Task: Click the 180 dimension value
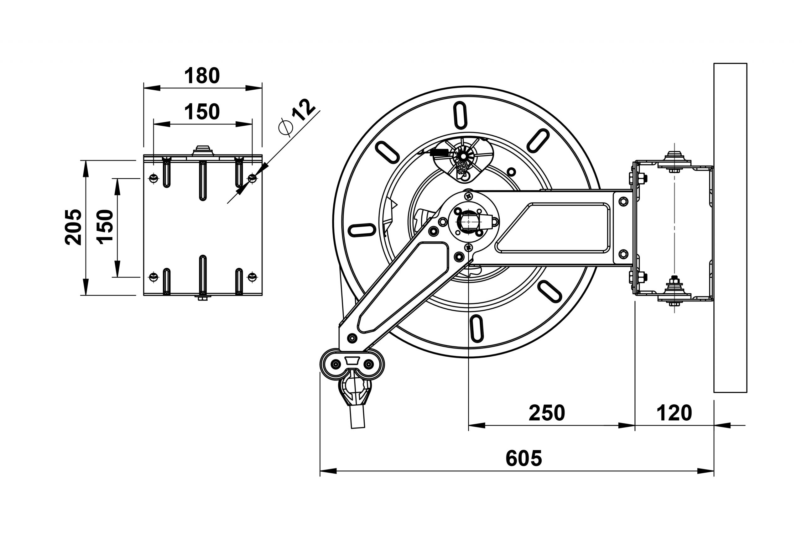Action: click(202, 76)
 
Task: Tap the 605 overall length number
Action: click(523, 458)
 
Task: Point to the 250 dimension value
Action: click(547, 413)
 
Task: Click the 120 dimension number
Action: click(674, 413)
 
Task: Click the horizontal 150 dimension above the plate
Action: click(202, 112)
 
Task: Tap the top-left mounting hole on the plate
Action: click(154, 178)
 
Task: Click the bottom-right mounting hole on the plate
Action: click(252, 277)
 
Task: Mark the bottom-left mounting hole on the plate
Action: click(154, 277)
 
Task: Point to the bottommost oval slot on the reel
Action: click(477, 328)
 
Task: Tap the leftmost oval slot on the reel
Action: click(362, 230)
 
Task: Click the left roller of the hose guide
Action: click(336, 365)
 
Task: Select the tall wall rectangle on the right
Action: click(730, 228)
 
